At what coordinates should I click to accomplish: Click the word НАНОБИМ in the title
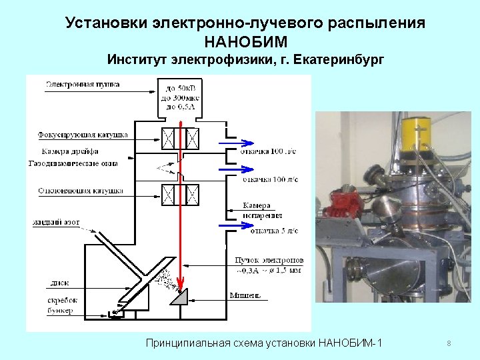click(245, 42)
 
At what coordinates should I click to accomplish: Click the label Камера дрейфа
click(71, 151)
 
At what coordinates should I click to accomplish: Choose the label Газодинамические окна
click(73, 163)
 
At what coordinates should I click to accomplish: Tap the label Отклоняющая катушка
click(80, 191)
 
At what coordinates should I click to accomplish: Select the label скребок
click(63, 301)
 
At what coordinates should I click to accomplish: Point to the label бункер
click(61, 311)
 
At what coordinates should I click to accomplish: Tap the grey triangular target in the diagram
click(181, 297)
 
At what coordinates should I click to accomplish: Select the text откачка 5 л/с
click(273, 231)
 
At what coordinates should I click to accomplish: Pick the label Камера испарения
click(263, 211)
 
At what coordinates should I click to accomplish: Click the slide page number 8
click(449, 344)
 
